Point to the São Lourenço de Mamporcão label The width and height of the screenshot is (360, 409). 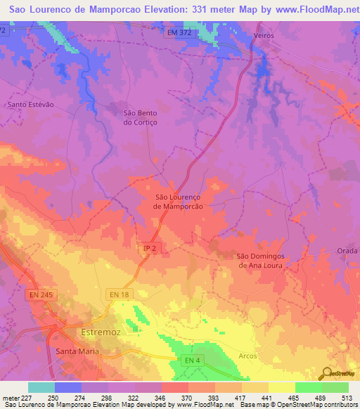(x=178, y=202)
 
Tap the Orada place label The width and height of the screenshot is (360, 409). (x=347, y=251)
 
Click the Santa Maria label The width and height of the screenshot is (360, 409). (x=77, y=350)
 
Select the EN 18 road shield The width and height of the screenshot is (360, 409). (x=119, y=294)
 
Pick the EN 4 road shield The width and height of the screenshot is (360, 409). (x=188, y=360)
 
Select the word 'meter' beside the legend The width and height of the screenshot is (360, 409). (x=11, y=398)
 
